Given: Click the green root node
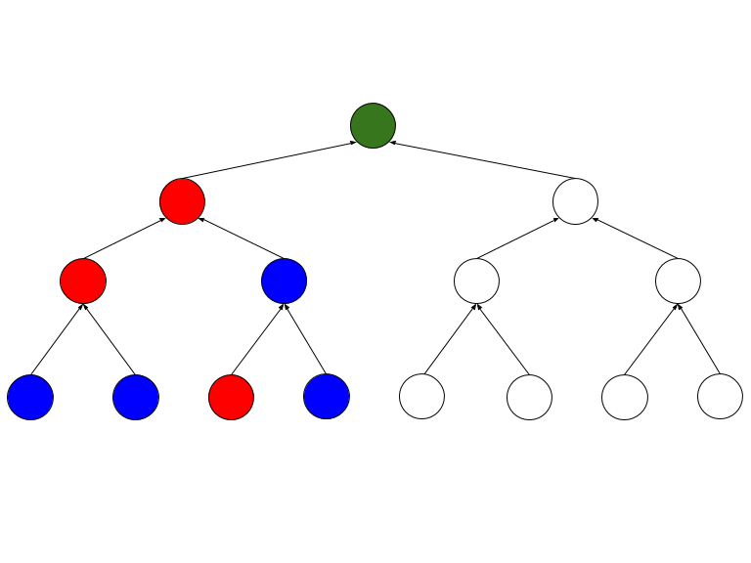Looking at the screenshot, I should [373, 125].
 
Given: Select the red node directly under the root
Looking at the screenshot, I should [182, 202].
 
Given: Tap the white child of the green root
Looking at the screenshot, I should [575, 201].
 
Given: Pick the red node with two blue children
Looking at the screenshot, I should [83, 281].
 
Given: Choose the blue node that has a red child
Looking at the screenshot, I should [284, 281].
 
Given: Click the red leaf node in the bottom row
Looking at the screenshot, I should [231, 397].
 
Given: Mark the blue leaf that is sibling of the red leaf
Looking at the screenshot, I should [327, 397].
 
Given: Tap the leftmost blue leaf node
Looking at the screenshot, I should [30, 397].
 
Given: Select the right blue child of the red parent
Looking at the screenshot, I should [136, 397].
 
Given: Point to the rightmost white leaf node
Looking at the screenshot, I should [720, 397].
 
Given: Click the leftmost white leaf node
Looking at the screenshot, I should [421, 397].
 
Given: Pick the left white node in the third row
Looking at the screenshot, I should [476, 281].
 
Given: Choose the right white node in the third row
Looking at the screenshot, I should [678, 281].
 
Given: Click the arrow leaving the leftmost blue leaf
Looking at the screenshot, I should [57, 339].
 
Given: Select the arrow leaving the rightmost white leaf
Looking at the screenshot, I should [698, 339].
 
